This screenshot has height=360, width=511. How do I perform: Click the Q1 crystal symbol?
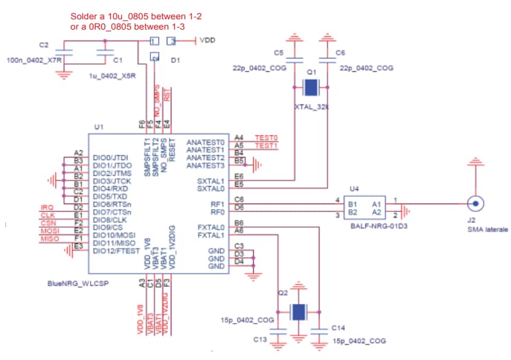[310, 88]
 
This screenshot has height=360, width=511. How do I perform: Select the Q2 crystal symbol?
[298, 312]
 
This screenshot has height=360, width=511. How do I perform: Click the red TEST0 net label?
[266, 138]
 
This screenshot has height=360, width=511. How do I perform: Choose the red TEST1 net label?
[266, 146]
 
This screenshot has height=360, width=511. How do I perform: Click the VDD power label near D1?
[208, 40]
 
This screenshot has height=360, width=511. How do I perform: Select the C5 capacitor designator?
[278, 53]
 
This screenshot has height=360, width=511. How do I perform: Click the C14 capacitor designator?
[339, 327]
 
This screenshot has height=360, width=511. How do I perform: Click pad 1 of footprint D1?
[155, 41]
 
